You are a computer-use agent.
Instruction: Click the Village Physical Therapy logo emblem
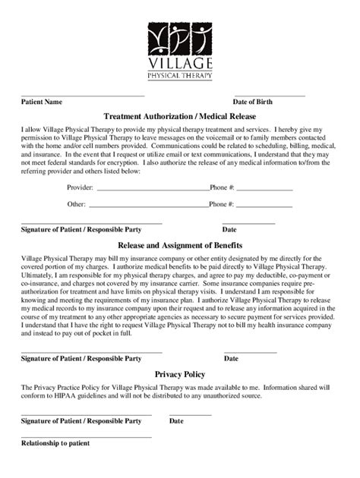point(180,38)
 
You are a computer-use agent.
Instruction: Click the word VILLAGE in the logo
point(180,64)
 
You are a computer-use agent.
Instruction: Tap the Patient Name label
point(42,102)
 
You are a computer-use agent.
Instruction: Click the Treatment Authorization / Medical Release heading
point(179,116)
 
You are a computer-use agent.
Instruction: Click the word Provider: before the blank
point(80,187)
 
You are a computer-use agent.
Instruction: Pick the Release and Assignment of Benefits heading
point(180,246)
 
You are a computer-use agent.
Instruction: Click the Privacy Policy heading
point(180,374)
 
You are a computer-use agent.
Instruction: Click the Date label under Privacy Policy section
point(176,420)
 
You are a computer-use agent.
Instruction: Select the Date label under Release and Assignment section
point(231,357)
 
